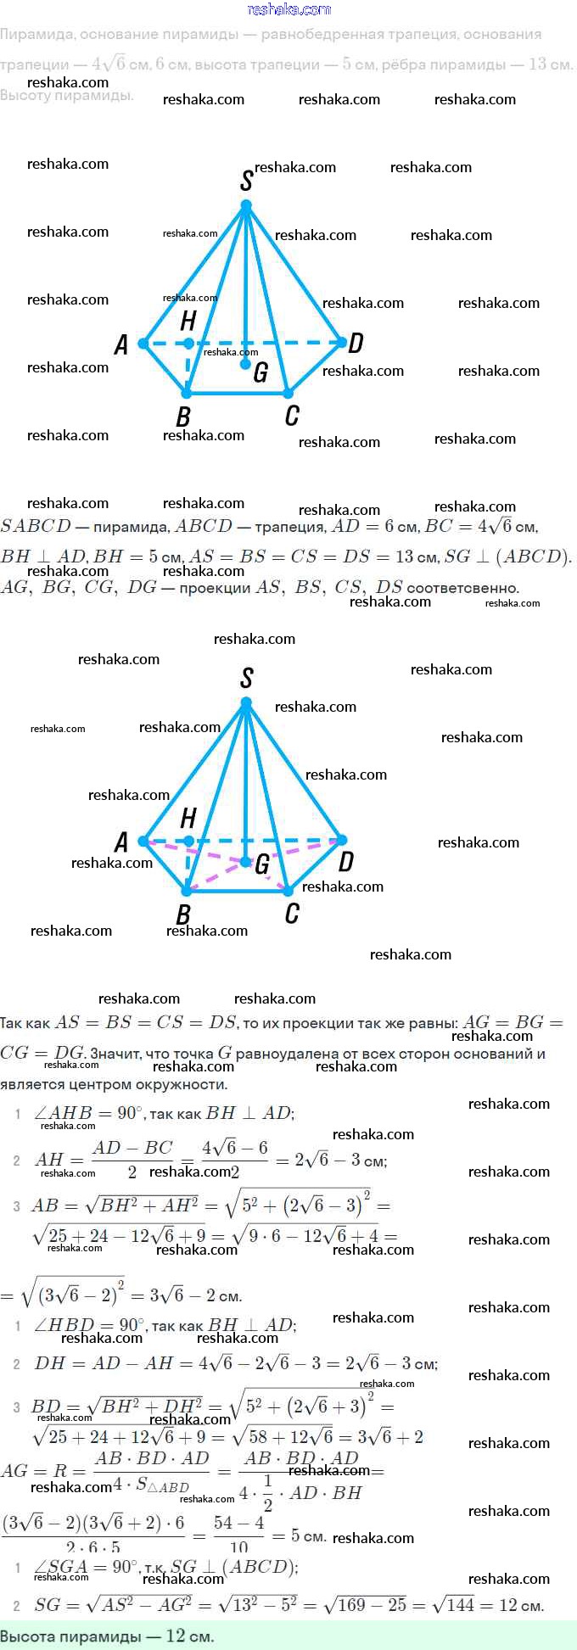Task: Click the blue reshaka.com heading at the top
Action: point(288,9)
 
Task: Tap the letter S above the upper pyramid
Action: point(246,179)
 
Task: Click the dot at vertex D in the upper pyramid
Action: point(342,343)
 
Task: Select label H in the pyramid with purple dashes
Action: point(188,818)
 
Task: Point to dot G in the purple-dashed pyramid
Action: point(245,862)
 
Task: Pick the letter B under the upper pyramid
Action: point(182,417)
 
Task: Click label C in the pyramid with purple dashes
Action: point(292,913)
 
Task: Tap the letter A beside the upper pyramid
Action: point(121,344)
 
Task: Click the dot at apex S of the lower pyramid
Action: point(246,702)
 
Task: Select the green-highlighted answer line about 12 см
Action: point(108,1636)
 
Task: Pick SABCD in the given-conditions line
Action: point(36,526)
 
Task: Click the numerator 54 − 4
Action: point(238,1523)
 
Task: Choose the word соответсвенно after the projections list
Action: point(462,587)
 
